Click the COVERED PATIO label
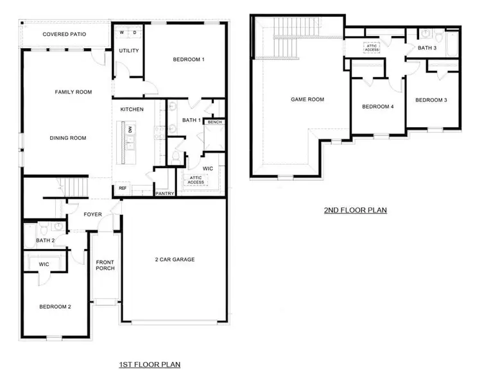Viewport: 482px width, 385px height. coord(65,34)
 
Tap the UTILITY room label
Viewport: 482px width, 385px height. coord(128,51)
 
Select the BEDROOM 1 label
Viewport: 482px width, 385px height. coord(189,60)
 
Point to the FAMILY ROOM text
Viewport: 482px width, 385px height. coord(73,92)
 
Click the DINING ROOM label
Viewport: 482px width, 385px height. coord(68,138)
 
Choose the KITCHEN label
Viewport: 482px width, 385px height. coord(132,110)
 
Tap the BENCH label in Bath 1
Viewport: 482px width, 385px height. coord(214,122)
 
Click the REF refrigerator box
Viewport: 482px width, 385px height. coord(123,189)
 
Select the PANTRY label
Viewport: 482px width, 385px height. coord(164,193)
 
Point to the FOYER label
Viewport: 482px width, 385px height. coord(92,214)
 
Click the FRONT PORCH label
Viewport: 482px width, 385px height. coord(105,265)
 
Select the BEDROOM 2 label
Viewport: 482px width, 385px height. coord(55,307)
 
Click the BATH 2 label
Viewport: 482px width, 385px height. coord(44,241)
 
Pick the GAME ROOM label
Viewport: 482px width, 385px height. coord(307,99)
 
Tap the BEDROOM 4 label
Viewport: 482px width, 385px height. coord(377,107)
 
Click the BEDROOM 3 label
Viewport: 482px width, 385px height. coord(431,100)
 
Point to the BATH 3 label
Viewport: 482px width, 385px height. coord(427,48)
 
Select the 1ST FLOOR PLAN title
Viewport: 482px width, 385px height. coord(150,364)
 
